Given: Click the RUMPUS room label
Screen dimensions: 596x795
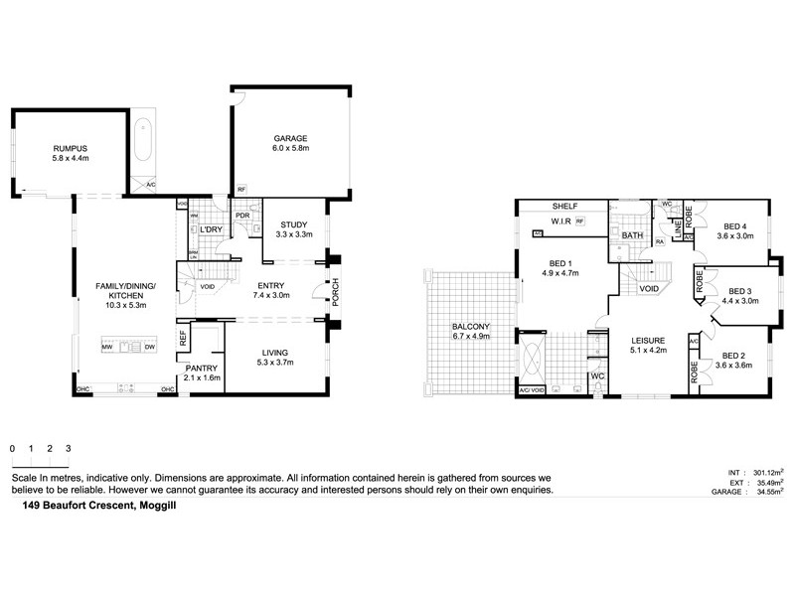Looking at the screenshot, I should pyautogui.click(x=71, y=148).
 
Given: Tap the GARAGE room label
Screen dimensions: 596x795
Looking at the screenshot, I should pyautogui.click(x=291, y=138).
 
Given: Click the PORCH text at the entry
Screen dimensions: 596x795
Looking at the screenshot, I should pyautogui.click(x=335, y=292).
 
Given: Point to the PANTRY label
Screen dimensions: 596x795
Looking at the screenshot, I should pyautogui.click(x=203, y=368).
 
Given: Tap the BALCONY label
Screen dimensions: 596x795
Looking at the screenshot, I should pyautogui.click(x=465, y=327).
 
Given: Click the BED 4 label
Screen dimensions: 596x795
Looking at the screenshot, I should pyautogui.click(x=737, y=226).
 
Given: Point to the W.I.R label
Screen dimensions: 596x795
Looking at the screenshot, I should pyautogui.click(x=555, y=222).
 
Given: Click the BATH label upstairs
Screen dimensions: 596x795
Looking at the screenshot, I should pyautogui.click(x=633, y=235).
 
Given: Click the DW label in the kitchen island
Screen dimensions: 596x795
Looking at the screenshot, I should pyautogui.click(x=149, y=347).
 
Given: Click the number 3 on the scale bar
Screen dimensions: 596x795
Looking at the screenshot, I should pyautogui.click(x=68, y=449).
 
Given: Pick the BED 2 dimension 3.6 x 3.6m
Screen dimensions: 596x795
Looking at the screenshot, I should pyautogui.click(x=737, y=366).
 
